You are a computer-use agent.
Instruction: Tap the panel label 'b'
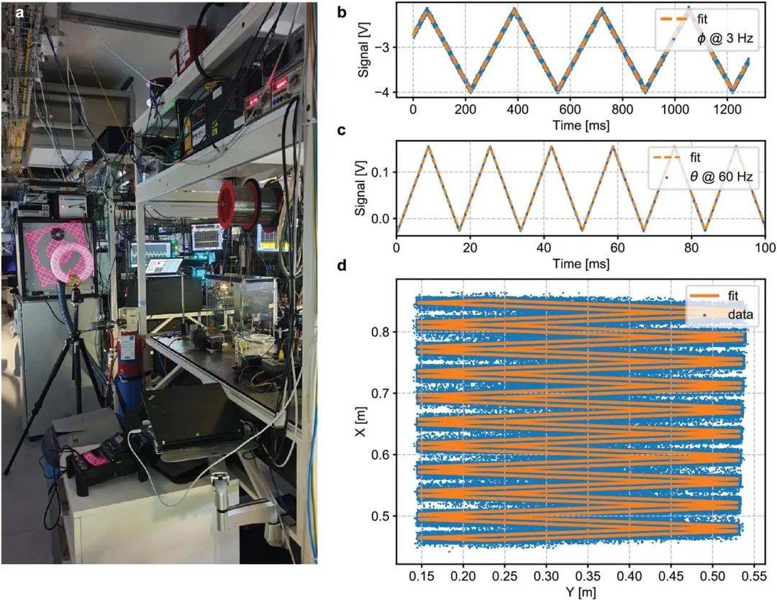344,12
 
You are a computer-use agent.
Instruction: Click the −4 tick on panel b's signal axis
383,92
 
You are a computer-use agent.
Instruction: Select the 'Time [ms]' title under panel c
580,263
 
